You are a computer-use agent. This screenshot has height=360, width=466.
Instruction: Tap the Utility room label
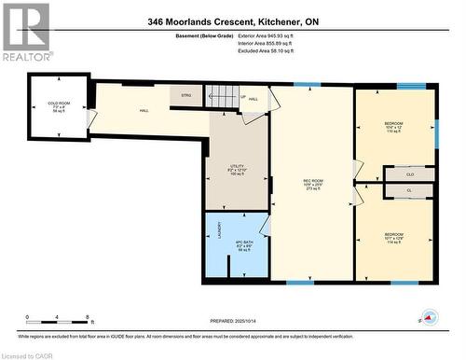click(236, 170)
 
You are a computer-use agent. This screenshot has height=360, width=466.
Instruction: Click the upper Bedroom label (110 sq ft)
click(393, 126)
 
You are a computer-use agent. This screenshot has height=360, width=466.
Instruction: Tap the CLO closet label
click(410, 174)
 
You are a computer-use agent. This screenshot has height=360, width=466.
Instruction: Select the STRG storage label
click(185, 94)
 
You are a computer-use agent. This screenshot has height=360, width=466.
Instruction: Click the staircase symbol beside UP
click(220, 94)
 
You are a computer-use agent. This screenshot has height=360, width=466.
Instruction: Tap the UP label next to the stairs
click(243, 95)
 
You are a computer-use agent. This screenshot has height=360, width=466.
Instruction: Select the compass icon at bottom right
click(427, 317)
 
